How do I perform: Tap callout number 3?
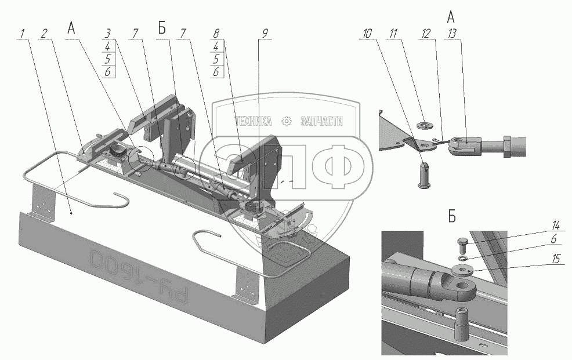[108, 34]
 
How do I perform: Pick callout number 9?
[265, 34]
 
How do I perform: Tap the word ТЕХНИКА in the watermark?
[253, 122]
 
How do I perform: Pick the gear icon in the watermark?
[285, 122]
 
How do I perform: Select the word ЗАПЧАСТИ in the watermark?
[321, 122]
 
